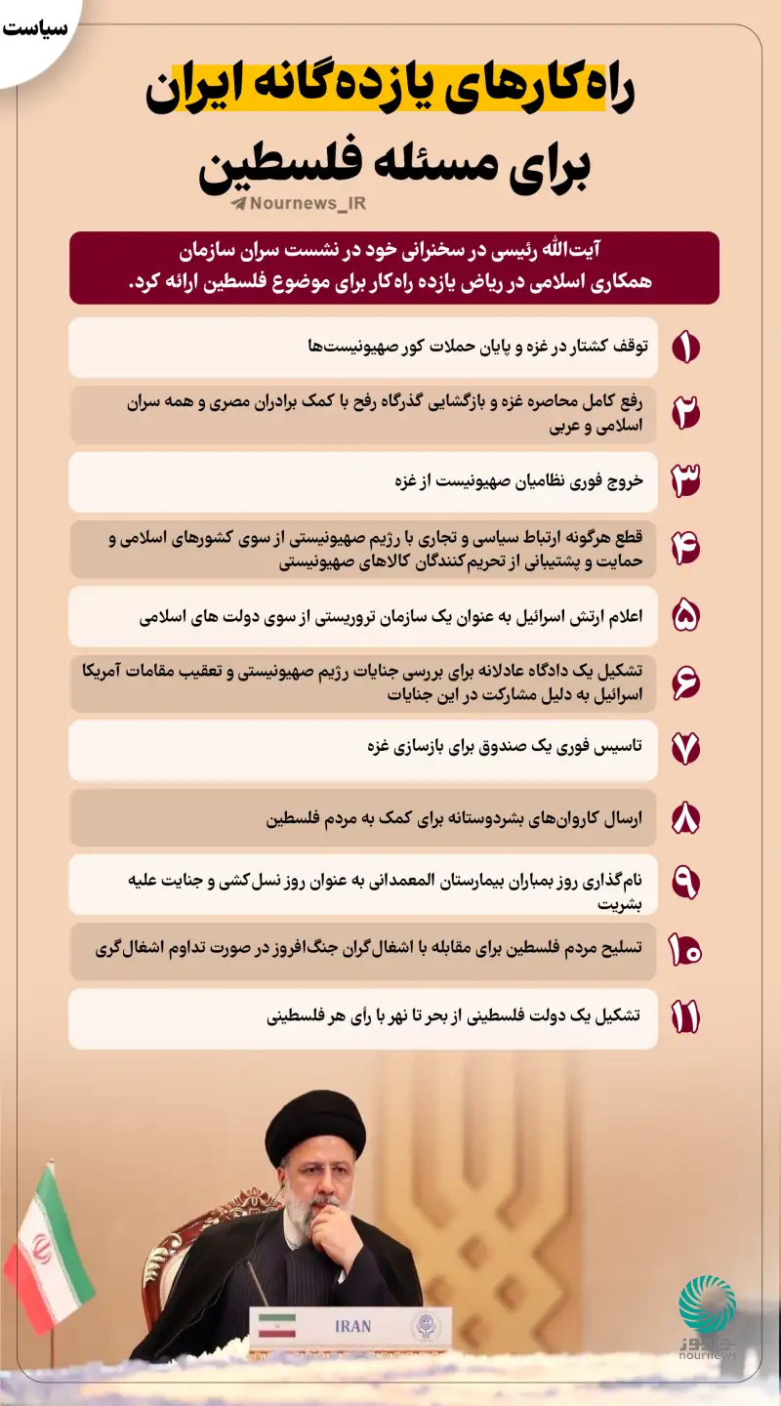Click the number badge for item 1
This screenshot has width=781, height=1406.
point(686,348)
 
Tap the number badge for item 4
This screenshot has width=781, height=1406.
point(685,549)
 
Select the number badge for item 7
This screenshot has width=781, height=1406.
point(685,749)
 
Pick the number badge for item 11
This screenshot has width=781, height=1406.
point(685,1017)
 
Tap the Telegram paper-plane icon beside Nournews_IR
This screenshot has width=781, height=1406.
point(238,204)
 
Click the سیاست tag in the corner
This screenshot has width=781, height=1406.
point(35,27)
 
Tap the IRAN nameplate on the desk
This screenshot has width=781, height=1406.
point(352,1326)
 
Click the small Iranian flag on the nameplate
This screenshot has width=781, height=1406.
point(276,1326)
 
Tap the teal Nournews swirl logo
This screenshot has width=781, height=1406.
point(707,1304)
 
